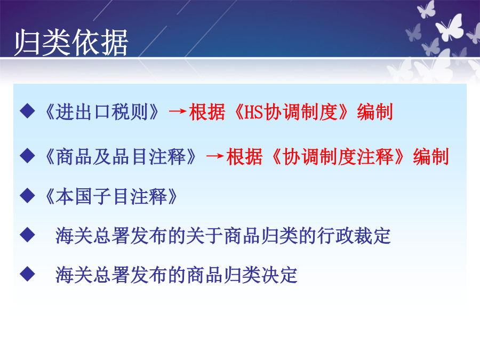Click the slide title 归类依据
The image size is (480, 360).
pos(71,42)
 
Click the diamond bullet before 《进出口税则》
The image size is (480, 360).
pos(27,111)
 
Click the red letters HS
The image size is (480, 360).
pos(254,112)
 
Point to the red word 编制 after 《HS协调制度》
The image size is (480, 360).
pos(375,112)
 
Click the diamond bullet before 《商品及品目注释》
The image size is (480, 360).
pos(27,156)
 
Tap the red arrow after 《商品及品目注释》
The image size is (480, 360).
pos(215,156)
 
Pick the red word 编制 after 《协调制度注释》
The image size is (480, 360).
pos(431,157)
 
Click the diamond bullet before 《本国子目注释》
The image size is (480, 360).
pos(27,195)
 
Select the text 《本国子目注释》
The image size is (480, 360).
pos(111,196)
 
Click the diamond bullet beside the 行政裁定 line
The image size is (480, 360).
pos(27,235)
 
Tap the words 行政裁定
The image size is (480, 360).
pos(354,236)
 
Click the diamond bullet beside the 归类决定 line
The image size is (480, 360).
pos(27,274)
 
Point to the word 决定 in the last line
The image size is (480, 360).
pos(279,275)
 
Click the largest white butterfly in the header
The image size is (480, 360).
pos(450,28)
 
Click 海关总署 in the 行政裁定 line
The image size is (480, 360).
pos(92,236)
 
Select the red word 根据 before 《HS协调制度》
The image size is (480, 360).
pos(207,112)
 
